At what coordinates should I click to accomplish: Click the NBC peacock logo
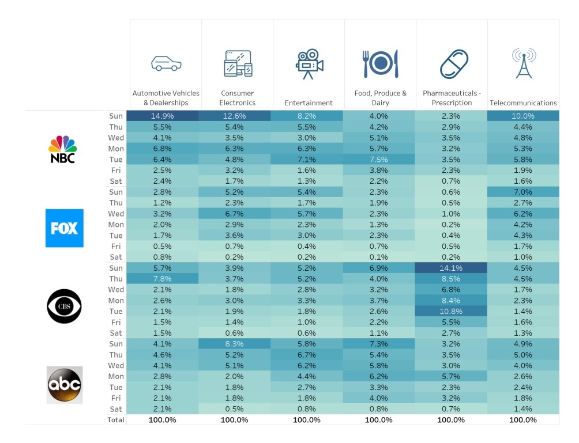point(63,149)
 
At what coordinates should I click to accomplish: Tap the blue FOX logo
point(64,228)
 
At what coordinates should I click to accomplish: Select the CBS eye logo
point(64,306)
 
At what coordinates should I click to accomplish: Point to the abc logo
point(65,385)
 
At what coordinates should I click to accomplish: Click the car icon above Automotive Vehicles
point(166,63)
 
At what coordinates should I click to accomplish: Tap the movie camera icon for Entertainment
point(310,64)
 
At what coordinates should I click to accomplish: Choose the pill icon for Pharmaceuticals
point(454,64)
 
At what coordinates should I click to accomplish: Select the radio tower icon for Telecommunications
point(524,63)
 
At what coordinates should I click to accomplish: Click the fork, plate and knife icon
point(381,63)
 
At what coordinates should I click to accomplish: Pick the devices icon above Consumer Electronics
point(238,63)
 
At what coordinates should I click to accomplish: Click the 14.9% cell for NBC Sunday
point(163,116)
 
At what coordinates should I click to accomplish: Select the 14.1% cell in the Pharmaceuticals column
point(451,268)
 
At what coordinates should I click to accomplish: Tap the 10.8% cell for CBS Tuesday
point(451,311)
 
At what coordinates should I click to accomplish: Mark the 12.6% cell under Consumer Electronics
point(235,116)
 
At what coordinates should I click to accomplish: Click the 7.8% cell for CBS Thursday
point(163,279)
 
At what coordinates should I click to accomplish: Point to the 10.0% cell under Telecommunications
point(523,116)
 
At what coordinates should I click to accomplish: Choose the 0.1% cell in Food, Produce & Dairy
point(379,257)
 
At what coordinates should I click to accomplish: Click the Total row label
point(115,420)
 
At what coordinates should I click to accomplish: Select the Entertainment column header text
point(309,103)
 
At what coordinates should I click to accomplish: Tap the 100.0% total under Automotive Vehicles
point(163,420)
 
